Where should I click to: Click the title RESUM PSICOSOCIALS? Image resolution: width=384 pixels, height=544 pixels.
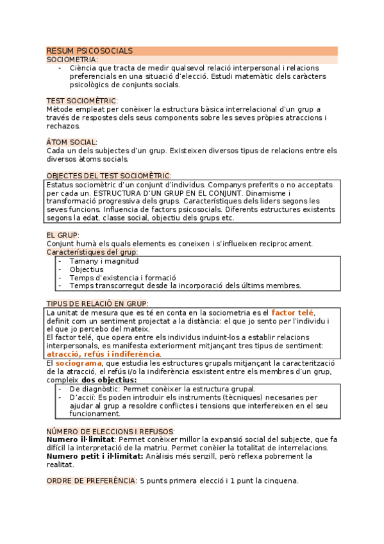click(90, 51)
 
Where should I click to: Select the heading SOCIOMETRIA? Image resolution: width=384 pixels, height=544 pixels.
click(72, 59)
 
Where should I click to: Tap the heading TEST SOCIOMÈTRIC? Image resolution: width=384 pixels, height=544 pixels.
click(81, 101)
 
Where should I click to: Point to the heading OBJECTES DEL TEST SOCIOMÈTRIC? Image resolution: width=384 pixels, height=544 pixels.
click(108, 176)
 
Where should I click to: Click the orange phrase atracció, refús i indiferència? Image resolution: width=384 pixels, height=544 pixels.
click(103, 354)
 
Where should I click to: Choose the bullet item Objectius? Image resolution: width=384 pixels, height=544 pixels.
click(87, 269)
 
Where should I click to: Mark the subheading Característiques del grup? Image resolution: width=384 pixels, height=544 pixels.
click(92, 252)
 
